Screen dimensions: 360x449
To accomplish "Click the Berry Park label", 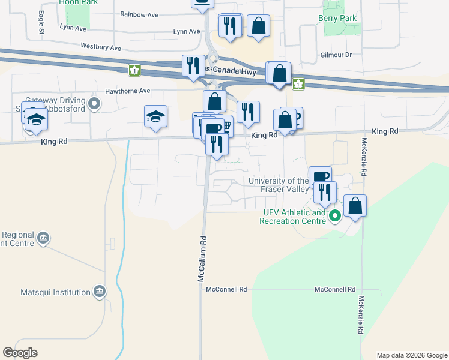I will pos(337,19).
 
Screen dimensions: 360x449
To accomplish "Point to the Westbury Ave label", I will pos(101,47).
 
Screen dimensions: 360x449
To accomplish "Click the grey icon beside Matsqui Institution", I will pos(100,292).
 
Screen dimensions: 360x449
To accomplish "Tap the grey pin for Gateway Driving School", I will pos(94,105).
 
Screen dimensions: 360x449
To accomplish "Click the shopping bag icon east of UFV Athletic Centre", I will pos(355,205).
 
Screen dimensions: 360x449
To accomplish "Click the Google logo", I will pos(20,353).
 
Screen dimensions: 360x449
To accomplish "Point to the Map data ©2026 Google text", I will pos(412,355).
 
